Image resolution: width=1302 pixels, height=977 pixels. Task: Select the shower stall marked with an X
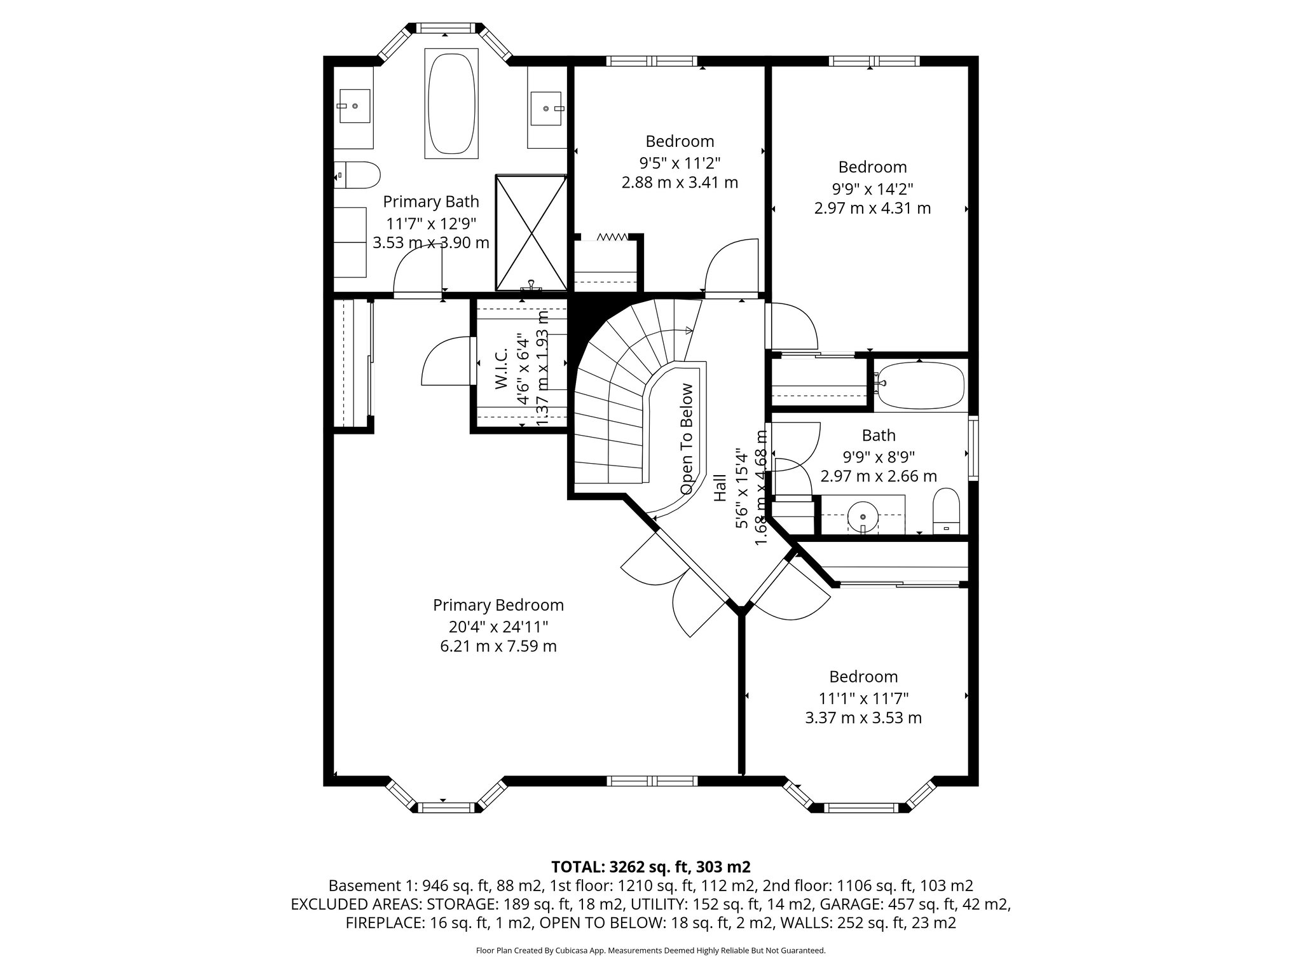(x=531, y=232)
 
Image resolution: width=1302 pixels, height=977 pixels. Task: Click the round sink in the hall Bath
(x=863, y=513)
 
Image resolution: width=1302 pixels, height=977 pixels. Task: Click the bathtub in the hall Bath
(x=920, y=385)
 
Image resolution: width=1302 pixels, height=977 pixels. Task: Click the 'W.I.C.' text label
(x=500, y=369)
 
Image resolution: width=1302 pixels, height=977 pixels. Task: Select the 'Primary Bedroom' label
(x=498, y=605)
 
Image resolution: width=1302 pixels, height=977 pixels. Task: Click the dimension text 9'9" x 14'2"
(x=872, y=188)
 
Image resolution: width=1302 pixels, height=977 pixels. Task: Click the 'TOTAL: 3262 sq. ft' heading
(x=650, y=866)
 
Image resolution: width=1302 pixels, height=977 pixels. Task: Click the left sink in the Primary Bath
(x=353, y=106)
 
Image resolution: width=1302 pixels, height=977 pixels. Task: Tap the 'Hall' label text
(x=720, y=488)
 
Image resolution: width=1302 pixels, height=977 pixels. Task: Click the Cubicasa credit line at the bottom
(x=650, y=950)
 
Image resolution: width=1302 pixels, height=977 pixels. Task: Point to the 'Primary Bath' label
(x=431, y=202)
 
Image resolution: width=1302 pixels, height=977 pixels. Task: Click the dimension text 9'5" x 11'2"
(x=680, y=162)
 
